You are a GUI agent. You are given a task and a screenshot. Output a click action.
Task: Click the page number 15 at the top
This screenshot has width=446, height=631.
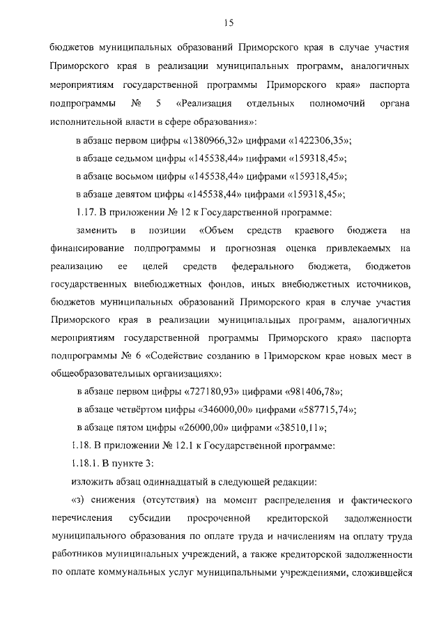[x=228, y=24]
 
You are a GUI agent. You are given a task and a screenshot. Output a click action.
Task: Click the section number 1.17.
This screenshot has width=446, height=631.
[x=86, y=212]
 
